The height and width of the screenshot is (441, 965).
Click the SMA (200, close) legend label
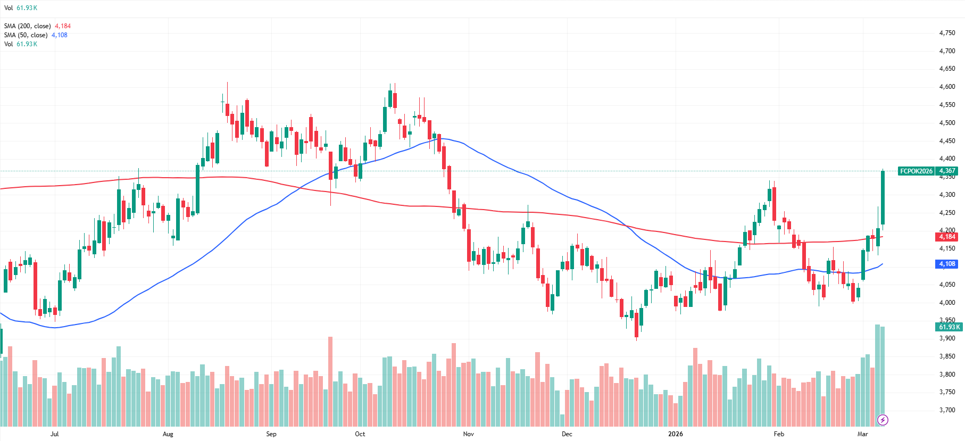(x=28, y=26)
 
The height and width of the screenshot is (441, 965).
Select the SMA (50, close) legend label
(x=26, y=35)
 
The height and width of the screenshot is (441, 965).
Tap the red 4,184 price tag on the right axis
(x=947, y=237)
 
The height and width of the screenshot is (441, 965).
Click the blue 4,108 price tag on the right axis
(x=947, y=264)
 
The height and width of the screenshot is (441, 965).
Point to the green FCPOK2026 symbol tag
(x=916, y=171)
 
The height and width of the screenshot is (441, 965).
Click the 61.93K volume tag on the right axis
(x=949, y=327)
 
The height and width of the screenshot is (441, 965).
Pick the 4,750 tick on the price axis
(x=947, y=33)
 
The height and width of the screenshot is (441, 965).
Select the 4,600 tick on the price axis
(x=947, y=87)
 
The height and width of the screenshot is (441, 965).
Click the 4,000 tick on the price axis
(x=947, y=303)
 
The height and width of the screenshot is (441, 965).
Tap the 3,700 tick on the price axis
(x=947, y=410)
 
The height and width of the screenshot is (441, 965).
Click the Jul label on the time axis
(x=54, y=434)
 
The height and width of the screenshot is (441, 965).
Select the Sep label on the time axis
(x=271, y=434)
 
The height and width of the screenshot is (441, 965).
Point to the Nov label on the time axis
(x=468, y=434)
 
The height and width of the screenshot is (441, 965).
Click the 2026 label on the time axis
(x=676, y=434)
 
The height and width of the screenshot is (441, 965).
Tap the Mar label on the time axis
(x=862, y=434)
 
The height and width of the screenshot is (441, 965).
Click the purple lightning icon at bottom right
(x=883, y=420)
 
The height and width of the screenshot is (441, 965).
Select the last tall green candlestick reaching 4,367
(x=883, y=197)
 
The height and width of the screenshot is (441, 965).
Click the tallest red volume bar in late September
(x=330, y=381)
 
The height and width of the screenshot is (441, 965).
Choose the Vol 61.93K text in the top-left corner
(x=21, y=8)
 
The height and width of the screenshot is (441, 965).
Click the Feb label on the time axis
(x=779, y=434)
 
